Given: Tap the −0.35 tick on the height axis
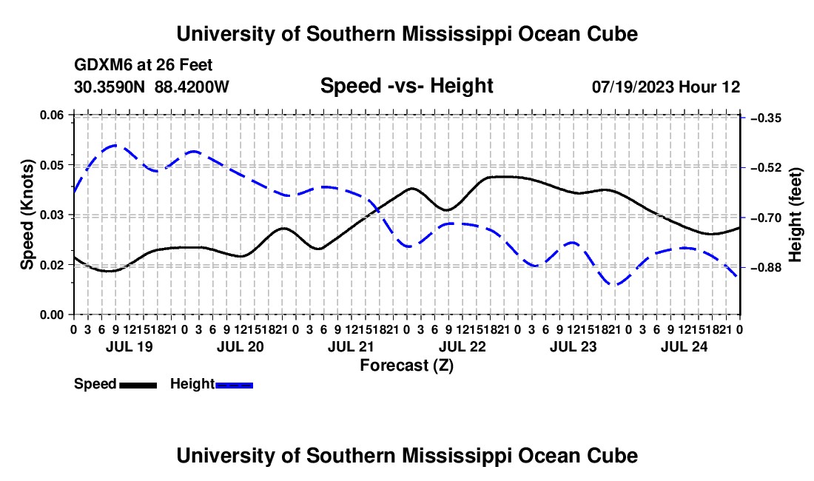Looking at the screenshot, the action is click(x=766, y=118).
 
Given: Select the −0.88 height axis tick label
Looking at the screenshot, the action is click(x=766, y=268).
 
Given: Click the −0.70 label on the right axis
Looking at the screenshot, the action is click(x=766, y=218).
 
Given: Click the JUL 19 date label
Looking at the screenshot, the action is click(x=129, y=346).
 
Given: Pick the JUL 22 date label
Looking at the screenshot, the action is click(x=462, y=346).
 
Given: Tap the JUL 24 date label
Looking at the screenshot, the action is click(x=684, y=346).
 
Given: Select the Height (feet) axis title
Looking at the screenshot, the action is click(x=795, y=215).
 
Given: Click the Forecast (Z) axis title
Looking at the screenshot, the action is click(x=406, y=366).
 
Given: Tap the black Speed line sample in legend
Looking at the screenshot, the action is click(x=138, y=385).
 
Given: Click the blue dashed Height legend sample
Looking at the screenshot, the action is click(x=234, y=385).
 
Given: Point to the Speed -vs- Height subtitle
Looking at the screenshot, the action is click(x=406, y=86).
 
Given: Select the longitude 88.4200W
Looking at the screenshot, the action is click(x=192, y=87).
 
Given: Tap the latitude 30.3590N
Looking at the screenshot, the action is click(x=109, y=87).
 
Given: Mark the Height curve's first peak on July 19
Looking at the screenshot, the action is click(x=114, y=145).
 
